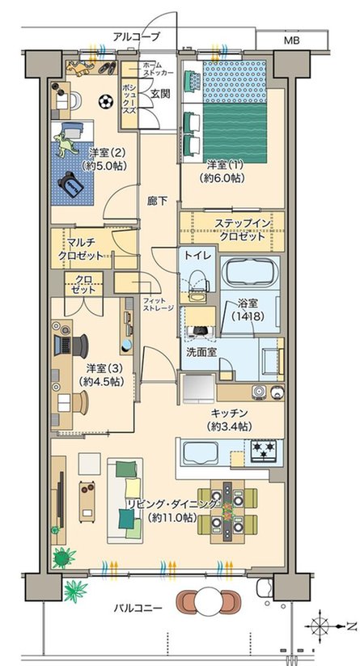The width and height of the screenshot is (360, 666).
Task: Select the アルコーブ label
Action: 136,36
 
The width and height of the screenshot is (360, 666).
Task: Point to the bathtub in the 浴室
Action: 249,275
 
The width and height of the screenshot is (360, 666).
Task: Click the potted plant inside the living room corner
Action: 63,557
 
